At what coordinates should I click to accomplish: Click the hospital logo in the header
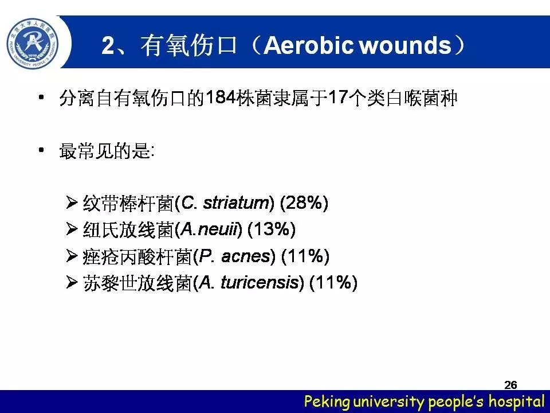[x=33, y=44]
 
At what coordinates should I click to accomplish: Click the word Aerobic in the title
[x=308, y=45]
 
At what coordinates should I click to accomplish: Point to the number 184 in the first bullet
[x=220, y=98]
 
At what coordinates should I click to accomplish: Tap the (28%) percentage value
[x=304, y=202]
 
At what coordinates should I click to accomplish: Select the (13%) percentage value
[x=272, y=229]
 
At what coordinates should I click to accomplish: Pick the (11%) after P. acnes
[x=305, y=256]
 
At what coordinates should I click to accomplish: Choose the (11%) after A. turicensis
[x=333, y=282]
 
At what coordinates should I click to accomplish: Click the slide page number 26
[x=510, y=385]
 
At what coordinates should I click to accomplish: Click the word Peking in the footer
[x=327, y=402]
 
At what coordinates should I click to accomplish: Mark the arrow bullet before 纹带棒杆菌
[x=72, y=202]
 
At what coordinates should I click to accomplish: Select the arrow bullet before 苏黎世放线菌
[x=72, y=282]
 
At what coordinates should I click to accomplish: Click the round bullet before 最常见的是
[x=41, y=150]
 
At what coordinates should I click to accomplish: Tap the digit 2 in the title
[x=108, y=45]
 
